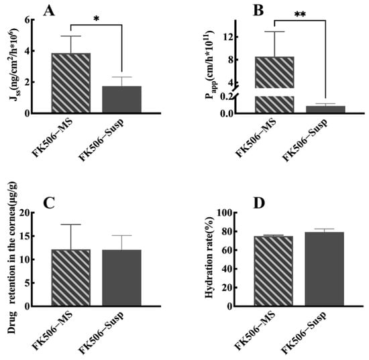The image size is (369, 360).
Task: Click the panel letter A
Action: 49,11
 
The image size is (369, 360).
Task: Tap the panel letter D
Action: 258,203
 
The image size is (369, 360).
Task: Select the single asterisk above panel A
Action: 96,19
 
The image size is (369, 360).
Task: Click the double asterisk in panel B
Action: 300,14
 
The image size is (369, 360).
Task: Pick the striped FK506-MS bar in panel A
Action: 71,83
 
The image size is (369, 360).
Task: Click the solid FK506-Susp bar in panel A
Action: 121,100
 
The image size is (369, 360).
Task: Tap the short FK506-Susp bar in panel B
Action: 325,109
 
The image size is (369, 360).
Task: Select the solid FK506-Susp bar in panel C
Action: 121,278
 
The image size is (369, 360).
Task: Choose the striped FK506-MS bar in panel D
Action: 274,271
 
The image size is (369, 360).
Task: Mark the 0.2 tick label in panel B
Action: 225,98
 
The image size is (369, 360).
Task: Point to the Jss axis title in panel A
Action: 14,64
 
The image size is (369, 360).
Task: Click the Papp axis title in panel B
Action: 211,66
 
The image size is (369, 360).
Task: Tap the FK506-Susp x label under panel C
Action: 101,333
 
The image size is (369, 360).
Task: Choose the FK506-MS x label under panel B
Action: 256,138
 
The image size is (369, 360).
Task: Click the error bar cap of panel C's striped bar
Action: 71,225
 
